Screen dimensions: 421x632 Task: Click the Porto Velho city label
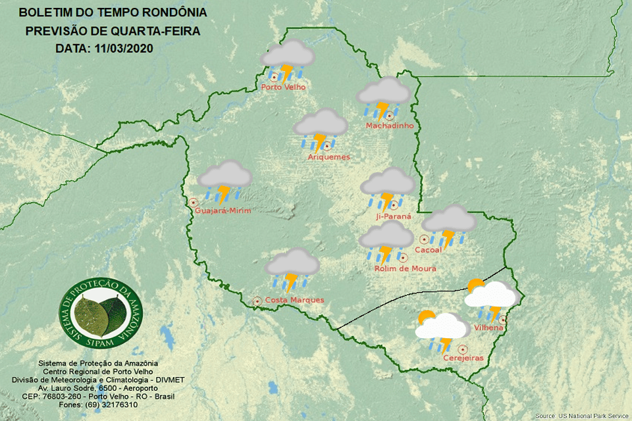tap(283, 87)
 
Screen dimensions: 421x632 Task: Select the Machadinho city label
tap(389, 126)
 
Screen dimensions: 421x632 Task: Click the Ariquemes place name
tap(329, 157)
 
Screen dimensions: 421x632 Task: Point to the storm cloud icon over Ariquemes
tap(321, 128)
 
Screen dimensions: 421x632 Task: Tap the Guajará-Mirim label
tap(223, 210)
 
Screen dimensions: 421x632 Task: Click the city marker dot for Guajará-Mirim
tap(194, 203)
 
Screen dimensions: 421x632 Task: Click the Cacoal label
tap(428, 250)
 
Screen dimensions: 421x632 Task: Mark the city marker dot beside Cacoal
tap(425, 239)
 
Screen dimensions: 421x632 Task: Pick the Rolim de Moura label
tap(405, 268)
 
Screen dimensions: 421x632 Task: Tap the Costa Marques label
tap(294, 300)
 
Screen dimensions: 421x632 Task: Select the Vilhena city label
tap(488, 328)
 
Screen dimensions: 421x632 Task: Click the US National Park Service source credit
tap(582, 416)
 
